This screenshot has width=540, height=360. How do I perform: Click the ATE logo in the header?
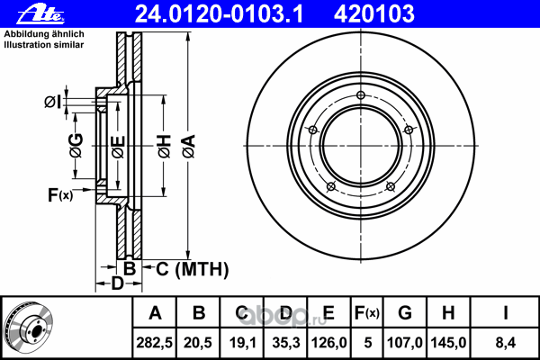coord(40,14)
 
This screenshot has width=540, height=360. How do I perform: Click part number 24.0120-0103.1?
coord(219,14)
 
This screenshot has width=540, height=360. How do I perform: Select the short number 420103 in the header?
coord(374,14)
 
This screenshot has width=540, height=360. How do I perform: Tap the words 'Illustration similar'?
coord(44,45)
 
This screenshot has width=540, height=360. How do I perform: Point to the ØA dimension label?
coord(189,146)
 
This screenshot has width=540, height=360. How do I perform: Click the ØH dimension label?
coord(165,146)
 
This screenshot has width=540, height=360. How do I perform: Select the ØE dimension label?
coord(118,147)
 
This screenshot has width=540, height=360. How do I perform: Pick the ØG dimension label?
coord(76,145)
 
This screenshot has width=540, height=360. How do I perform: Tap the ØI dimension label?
coord(53,103)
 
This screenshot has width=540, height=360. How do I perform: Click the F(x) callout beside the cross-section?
coord(60,195)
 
